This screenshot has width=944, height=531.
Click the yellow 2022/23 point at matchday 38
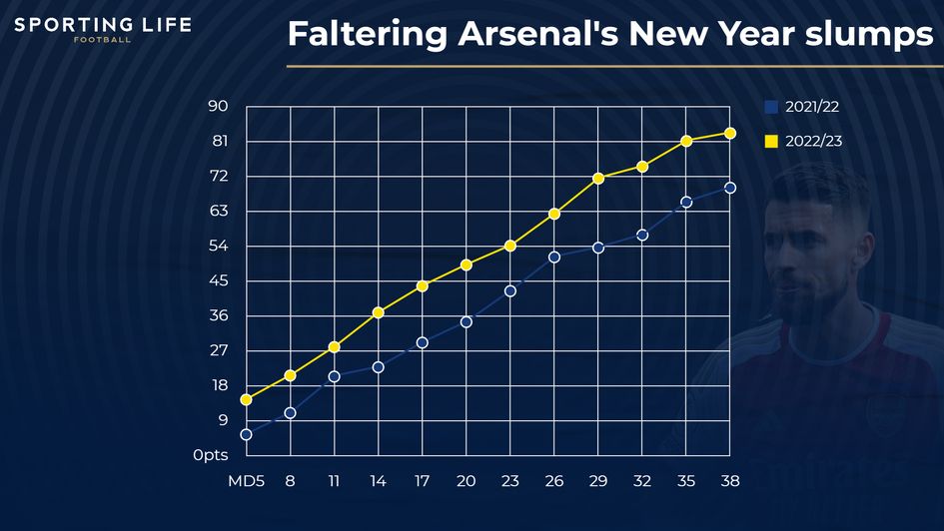[730, 133]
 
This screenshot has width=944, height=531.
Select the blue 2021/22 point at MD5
[246, 434]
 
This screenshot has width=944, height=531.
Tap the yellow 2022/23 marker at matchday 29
[598, 178]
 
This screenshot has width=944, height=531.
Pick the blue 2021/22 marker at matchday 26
[554, 257]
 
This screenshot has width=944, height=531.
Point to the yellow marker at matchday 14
[378, 312]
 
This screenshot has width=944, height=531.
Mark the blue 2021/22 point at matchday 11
[334, 376]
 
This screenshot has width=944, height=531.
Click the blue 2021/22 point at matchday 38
[730, 188]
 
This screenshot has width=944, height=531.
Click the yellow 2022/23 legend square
[770, 142]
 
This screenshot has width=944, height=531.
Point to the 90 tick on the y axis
[218, 107]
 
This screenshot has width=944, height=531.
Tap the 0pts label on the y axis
[211, 455]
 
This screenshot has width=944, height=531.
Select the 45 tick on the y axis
[218, 280]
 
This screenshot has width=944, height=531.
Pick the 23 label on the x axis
[510, 480]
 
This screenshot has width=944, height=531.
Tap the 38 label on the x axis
[730, 480]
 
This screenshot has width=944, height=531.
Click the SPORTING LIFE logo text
[102, 24]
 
